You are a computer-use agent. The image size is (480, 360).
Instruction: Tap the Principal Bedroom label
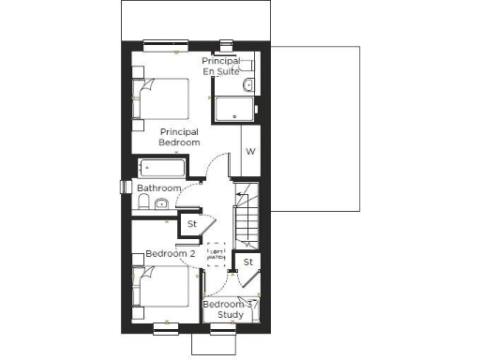click(179, 137)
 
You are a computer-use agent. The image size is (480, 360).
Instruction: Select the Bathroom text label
click(158, 188)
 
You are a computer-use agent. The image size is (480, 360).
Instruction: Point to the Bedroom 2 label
click(170, 254)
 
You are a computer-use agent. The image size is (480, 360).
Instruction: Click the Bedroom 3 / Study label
click(230, 309)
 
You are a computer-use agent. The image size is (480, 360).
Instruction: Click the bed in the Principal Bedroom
click(162, 98)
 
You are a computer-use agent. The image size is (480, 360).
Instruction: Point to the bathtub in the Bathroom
click(162, 169)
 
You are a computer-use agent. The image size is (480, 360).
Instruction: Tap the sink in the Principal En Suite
click(247, 85)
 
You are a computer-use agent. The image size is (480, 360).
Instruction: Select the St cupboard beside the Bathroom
click(191, 224)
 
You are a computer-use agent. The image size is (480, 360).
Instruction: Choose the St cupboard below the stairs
click(247, 262)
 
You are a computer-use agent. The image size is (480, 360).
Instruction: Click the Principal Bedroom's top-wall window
click(167, 44)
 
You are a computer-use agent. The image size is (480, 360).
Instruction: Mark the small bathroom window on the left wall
click(123, 187)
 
